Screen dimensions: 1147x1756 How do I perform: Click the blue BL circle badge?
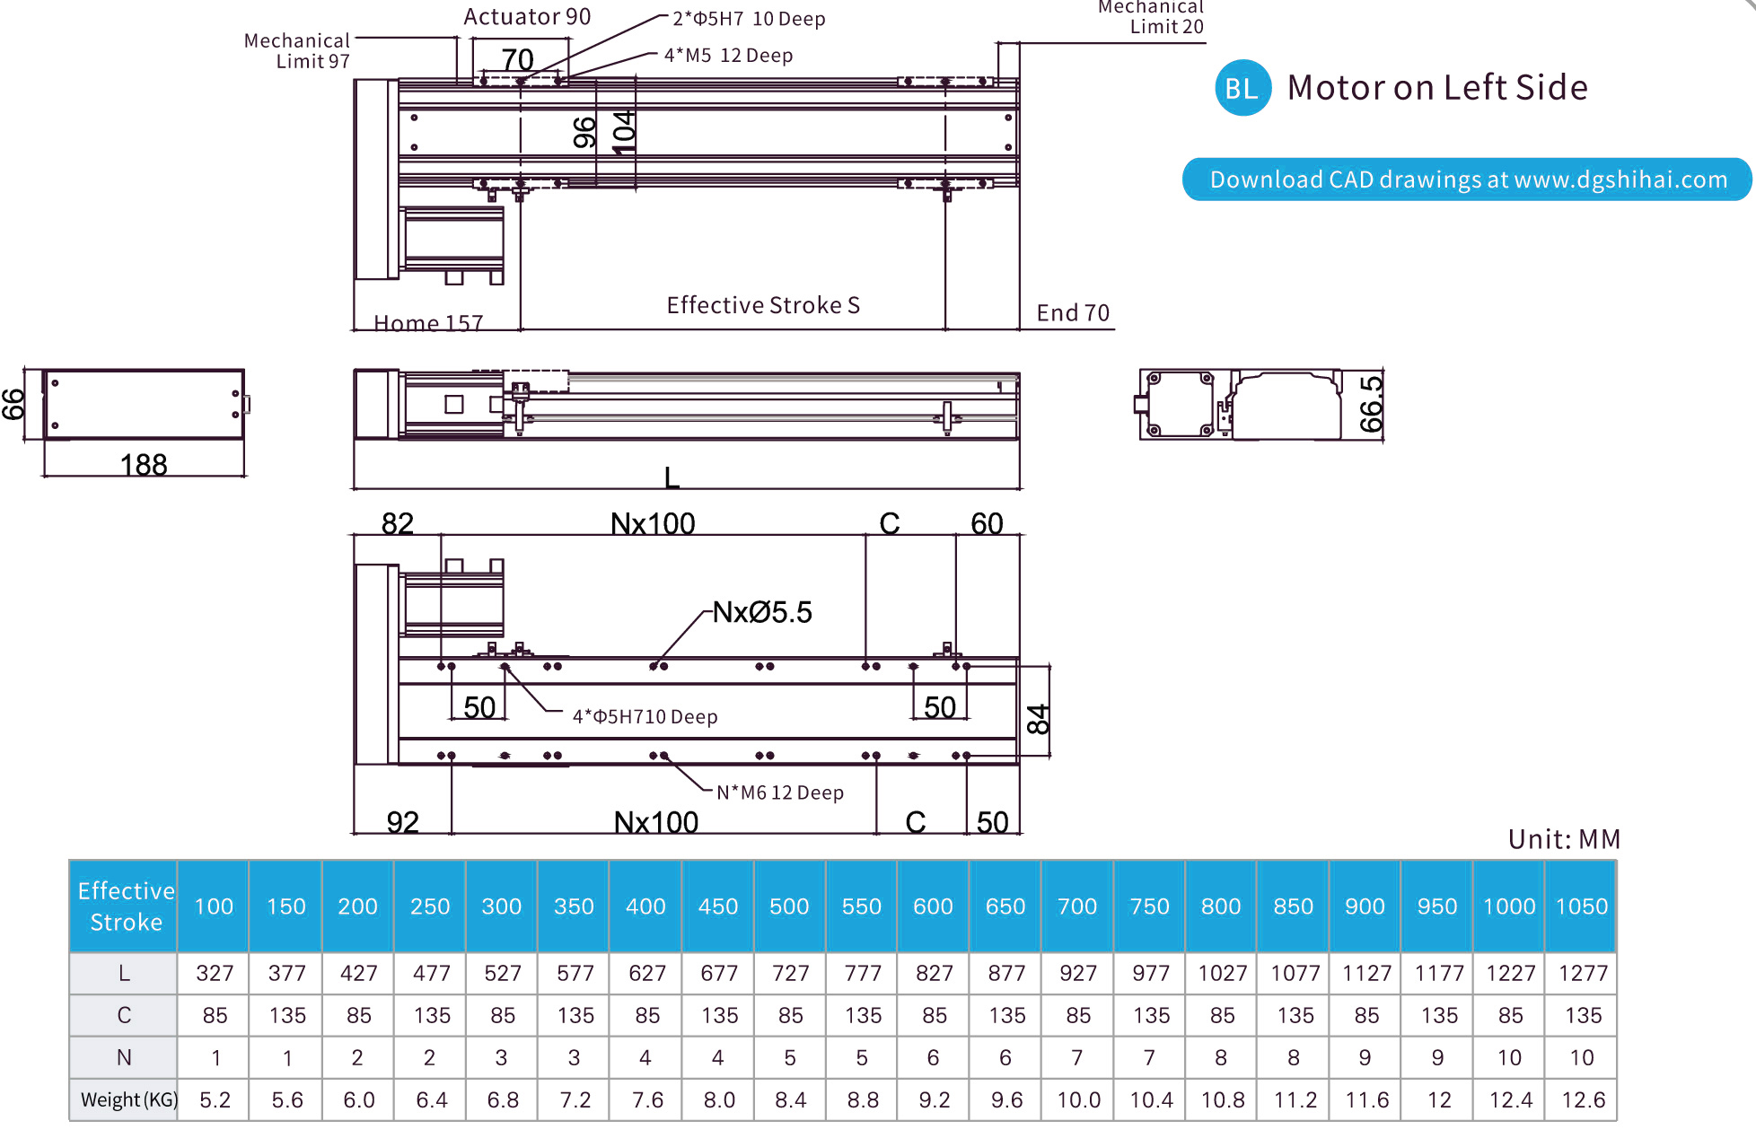tap(1242, 88)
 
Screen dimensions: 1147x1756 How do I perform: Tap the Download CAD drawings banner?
tap(1467, 179)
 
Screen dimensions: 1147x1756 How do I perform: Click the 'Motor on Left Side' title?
tap(1436, 88)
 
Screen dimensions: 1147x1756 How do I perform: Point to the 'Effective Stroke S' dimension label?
tap(763, 306)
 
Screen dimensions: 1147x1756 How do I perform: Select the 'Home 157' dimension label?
tap(428, 323)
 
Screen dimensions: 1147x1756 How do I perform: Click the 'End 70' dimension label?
tap(1073, 313)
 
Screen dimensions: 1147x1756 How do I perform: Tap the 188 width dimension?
tap(144, 465)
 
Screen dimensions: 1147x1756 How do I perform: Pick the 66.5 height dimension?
tap(1371, 405)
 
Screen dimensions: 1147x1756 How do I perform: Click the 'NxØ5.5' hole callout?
tap(762, 613)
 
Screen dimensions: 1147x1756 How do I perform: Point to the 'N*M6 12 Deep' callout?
tap(779, 793)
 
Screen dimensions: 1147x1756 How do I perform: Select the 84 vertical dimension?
tap(1038, 720)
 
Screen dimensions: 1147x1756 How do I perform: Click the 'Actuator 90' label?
tap(527, 17)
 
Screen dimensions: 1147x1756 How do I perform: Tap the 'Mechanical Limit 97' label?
tap(297, 51)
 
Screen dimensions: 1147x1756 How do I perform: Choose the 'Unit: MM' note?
tap(1564, 839)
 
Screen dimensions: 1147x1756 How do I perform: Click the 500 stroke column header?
tap(789, 906)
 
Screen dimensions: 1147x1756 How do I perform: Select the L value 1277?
tap(1582, 974)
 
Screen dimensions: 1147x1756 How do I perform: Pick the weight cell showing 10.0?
tap(1078, 1100)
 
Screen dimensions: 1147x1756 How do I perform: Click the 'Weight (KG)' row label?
tap(126, 1100)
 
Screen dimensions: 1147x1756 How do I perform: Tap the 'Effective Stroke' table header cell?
tap(125, 906)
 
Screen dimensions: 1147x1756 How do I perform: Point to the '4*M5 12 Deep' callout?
tap(728, 56)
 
